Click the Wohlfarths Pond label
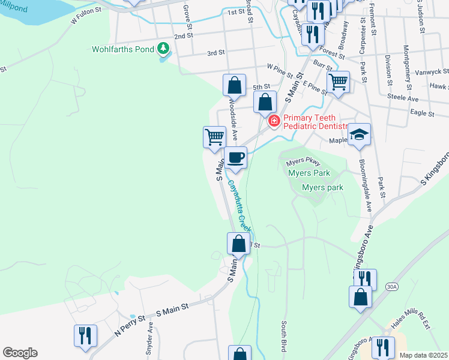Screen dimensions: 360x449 [122, 49]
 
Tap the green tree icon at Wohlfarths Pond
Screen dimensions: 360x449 [163, 49]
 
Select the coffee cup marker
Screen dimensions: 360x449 [235, 158]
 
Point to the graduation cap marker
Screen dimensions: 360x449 [359, 134]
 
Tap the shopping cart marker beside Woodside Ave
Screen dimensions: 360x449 [214, 137]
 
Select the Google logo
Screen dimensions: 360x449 [20, 353]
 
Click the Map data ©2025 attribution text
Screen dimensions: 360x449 [423, 355]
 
